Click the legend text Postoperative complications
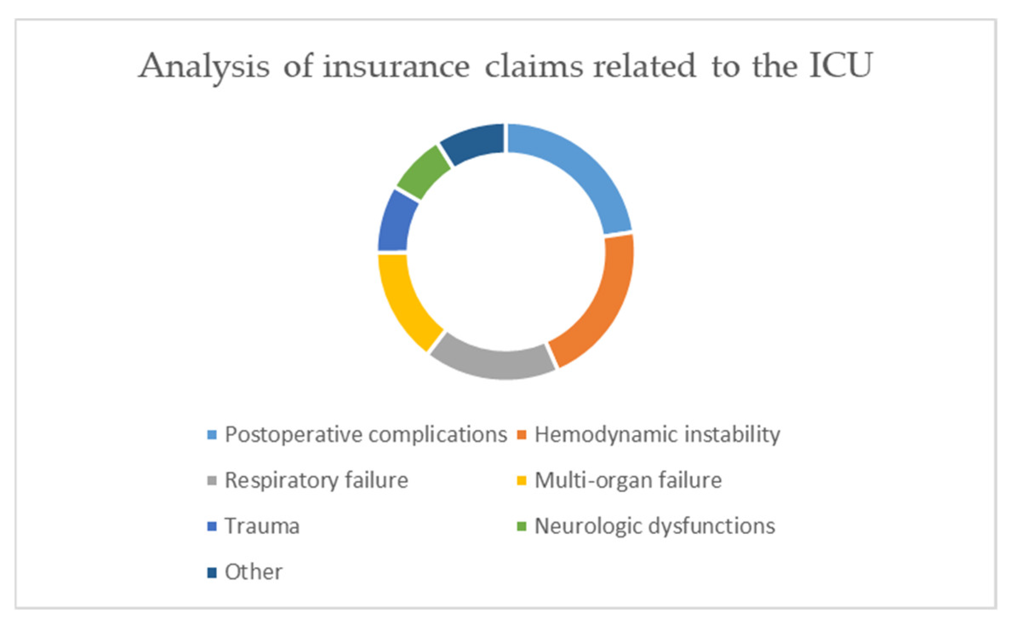(366, 435)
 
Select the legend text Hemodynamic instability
(657, 435)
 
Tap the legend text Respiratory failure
(317, 480)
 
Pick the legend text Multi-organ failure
(628, 480)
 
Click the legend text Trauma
(262, 526)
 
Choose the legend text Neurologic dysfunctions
(655, 526)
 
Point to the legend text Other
(254, 572)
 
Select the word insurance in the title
(396, 66)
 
